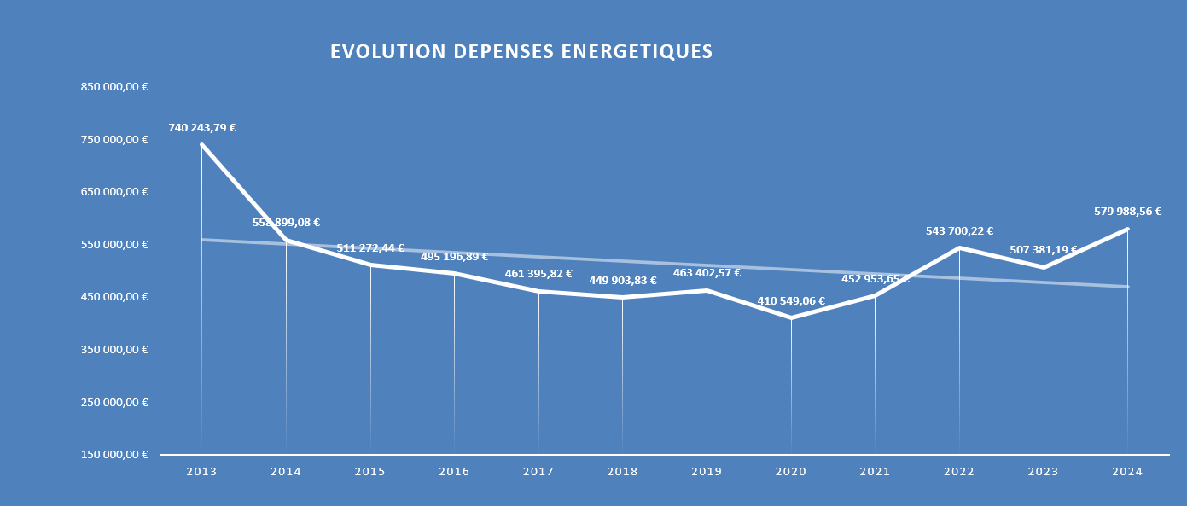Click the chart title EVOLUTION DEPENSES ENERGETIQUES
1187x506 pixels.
pos(521,52)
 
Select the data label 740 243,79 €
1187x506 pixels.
pos(202,128)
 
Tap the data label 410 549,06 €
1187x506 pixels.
pos(791,301)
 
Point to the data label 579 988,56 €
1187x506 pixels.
pos(1128,212)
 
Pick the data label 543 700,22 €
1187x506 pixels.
pos(960,231)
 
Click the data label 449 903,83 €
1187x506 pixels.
pos(623,281)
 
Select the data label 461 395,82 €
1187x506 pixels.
pos(538,274)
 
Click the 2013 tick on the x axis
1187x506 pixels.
pos(201,472)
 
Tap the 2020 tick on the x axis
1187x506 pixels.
pos(791,472)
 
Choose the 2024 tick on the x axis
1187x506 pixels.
pos(1128,472)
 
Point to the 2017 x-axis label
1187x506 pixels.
pos(538,472)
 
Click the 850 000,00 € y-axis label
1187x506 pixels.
pos(115,87)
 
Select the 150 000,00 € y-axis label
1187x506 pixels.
pos(115,455)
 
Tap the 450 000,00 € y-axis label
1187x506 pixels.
pos(115,297)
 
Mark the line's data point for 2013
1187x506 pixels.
pos(202,145)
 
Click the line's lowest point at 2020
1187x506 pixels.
pos(791,317)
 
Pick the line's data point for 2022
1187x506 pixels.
pos(960,247)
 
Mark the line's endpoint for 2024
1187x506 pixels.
pos(1127,229)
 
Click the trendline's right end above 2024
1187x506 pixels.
pos(1127,287)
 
